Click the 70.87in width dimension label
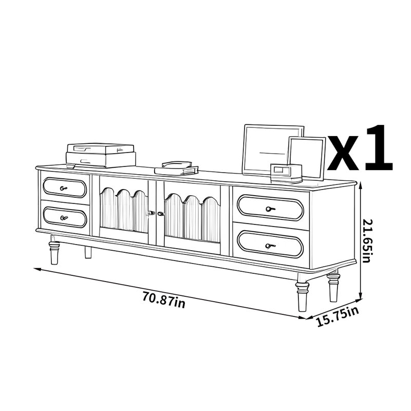(x=164, y=300)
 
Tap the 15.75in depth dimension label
(x=338, y=317)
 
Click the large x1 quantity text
(x=360, y=148)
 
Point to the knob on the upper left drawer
(x=63, y=188)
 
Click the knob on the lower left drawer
(x=64, y=217)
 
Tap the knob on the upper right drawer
(x=270, y=209)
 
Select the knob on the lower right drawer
(x=270, y=246)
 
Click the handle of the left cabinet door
(x=151, y=213)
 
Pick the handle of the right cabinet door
(x=161, y=214)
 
